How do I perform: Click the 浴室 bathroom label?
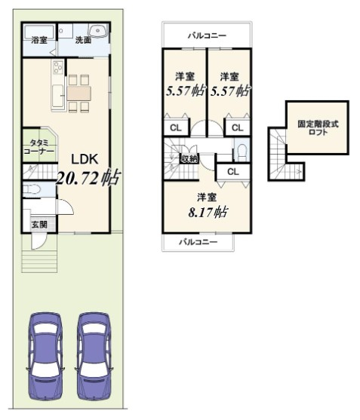(39, 41)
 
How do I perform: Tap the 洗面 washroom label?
(83, 41)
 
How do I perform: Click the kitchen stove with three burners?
(58, 68)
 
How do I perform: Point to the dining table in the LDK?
(78, 93)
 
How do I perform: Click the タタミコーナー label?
(39, 147)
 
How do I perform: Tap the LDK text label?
(85, 160)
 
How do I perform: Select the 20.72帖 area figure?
(88, 178)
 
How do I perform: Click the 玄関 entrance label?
(39, 225)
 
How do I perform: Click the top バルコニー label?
(207, 35)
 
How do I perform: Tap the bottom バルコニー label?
(198, 242)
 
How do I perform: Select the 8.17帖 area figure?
(208, 213)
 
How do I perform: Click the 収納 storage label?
(189, 158)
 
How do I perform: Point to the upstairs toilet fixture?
(242, 152)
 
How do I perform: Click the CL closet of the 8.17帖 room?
(233, 172)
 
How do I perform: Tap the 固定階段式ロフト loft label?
(318, 128)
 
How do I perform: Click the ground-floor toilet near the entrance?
(32, 190)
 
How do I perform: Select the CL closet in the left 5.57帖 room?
(176, 127)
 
